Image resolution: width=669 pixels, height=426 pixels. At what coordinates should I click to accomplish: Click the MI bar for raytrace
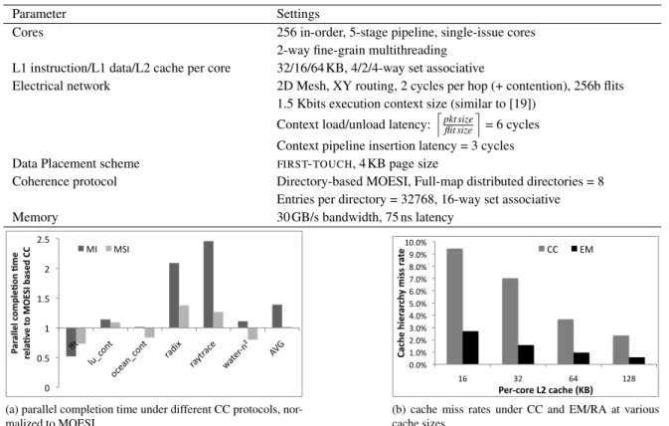[x=208, y=285]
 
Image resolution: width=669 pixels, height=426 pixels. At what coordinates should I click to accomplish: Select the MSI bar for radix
[x=184, y=317]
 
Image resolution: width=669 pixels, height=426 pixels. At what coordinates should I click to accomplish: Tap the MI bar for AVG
[x=277, y=317]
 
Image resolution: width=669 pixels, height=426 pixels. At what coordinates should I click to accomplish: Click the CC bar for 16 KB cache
[x=454, y=307]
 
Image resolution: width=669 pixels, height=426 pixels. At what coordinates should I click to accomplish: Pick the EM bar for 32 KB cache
[x=526, y=355]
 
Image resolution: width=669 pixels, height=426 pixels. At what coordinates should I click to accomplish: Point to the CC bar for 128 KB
[x=620, y=350]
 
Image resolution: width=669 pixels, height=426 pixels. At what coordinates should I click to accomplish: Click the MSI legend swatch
[x=108, y=249]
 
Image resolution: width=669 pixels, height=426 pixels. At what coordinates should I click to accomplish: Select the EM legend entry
[x=582, y=249]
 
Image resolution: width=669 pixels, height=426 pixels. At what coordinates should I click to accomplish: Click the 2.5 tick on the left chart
[x=43, y=240]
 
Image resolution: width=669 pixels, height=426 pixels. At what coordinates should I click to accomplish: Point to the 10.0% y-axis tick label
[x=416, y=243]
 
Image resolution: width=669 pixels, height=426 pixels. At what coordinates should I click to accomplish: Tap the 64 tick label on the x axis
[x=573, y=378]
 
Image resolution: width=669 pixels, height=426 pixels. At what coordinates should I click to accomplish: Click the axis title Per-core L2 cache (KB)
[x=546, y=390]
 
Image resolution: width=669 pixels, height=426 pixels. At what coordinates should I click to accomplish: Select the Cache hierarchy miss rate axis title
[x=401, y=303]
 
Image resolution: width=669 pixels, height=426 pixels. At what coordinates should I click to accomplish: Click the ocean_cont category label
[x=128, y=359]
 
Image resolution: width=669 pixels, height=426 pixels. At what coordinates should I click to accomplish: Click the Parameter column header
[x=39, y=14]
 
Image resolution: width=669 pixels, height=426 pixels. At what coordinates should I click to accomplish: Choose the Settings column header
[x=298, y=14]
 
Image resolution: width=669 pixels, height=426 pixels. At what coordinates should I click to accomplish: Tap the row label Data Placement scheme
[x=76, y=163]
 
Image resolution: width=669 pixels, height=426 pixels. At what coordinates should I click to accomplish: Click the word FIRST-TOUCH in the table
[x=315, y=164]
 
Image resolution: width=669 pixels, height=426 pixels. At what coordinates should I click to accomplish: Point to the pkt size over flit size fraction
[x=458, y=124]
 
